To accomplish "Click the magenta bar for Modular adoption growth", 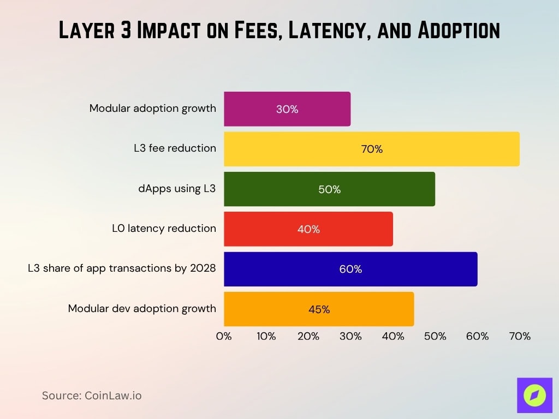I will (287, 109).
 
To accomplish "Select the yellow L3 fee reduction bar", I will (371, 149).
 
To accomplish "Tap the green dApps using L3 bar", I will (329, 189).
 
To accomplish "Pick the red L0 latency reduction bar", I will (308, 229).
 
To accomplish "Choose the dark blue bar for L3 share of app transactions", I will (350, 269).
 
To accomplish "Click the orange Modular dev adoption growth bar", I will (319, 309).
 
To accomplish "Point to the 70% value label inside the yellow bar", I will (372, 149).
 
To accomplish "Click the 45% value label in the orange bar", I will (319, 309).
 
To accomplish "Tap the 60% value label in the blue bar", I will (350, 269).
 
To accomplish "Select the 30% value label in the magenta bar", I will (287, 109).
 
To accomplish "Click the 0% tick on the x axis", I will (224, 337).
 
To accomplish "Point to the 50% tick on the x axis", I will (435, 337).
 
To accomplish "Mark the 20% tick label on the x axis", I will (308, 337).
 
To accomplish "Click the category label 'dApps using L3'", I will (177, 189).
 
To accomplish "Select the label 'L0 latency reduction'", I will (164, 228).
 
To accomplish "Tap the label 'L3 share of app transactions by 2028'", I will (122, 268).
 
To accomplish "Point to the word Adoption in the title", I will (458, 31).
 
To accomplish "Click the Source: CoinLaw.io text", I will (92, 396).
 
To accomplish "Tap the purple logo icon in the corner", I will (534, 395).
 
